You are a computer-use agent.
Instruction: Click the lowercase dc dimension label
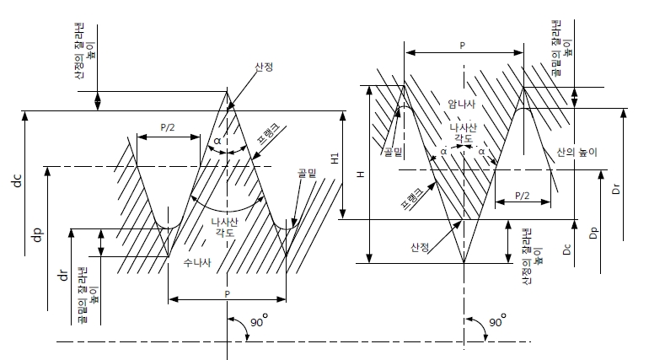click(16, 180)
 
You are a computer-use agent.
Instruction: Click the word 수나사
click(199, 262)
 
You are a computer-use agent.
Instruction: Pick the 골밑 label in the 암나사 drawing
click(393, 151)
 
